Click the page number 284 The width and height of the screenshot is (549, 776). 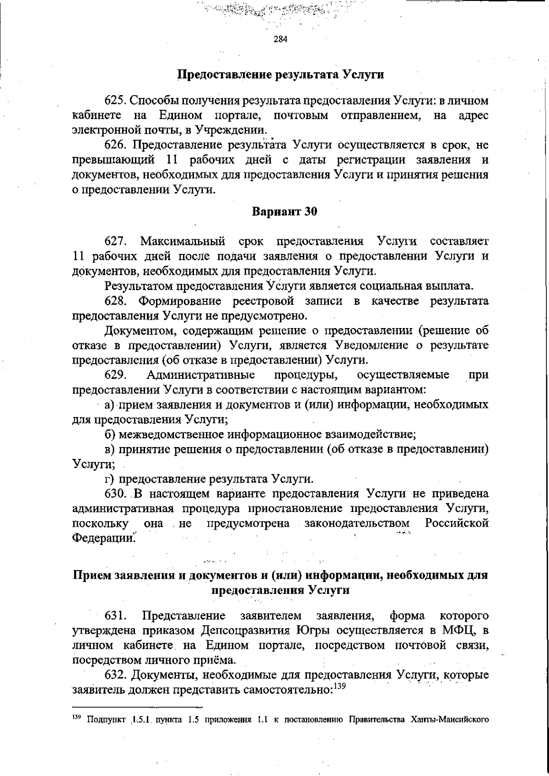(280, 39)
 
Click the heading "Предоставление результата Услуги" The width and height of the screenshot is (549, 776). (280, 75)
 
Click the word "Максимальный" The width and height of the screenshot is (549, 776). (183, 241)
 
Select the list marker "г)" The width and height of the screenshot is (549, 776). (110, 479)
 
